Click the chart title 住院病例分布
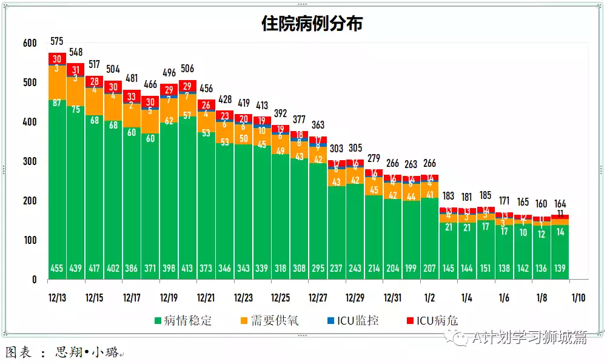coord(312,24)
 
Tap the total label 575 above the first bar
coord(57,42)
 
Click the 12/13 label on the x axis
coord(58,298)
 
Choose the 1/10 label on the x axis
coord(578,298)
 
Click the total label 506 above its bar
coord(187,69)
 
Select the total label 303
coord(337,149)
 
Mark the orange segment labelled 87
coord(57,103)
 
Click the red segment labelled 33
coord(132,97)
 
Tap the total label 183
coord(448,196)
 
